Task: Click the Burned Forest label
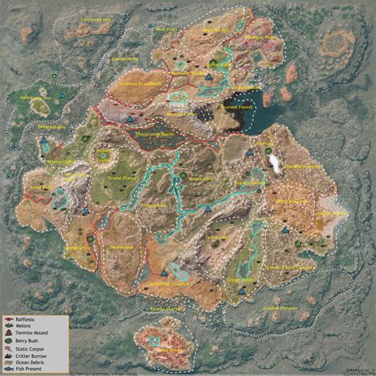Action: (237, 102)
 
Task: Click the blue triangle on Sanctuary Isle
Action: (46, 145)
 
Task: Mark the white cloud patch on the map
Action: (275, 162)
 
